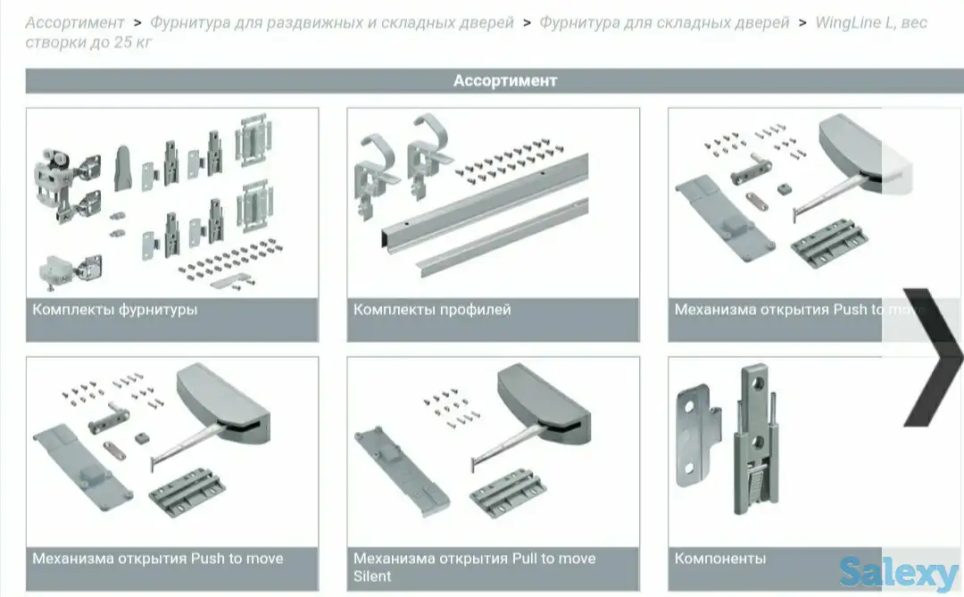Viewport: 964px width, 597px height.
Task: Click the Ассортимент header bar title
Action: pyautogui.click(x=504, y=80)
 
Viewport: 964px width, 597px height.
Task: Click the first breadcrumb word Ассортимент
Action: pyautogui.click(x=74, y=22)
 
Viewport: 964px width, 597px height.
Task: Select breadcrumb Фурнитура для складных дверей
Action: pyautogui.click(x=664, y=22)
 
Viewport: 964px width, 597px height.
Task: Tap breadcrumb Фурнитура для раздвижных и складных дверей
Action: pyautogui.click(x=332, y=22)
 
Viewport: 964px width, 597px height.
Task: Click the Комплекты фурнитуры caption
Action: pyautogui.click(x=115, y=310)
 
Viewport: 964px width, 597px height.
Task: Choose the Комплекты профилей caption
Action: pyautogui.click(x=432, y=310)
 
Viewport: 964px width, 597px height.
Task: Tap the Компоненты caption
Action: pyautogui.click(x=720, y=559)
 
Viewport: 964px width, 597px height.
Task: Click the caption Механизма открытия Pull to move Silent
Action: pyautogui.click(x=474, y=567)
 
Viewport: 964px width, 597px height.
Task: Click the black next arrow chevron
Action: pyautogui.click(x=932, y=357)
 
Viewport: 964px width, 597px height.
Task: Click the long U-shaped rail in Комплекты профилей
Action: pyautogui.click(x=485, y=201)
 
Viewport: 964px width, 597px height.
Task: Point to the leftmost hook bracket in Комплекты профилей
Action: pyautogui.click(x=372, y=175)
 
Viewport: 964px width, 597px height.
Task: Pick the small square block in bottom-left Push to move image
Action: pyautogui.click(x=142, y=438)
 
